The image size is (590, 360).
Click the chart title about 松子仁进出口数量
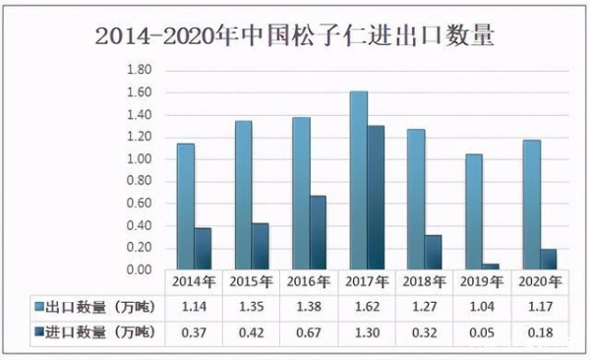point(295,37)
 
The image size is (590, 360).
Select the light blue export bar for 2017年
point(358,180)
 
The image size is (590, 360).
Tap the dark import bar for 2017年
point(376,198)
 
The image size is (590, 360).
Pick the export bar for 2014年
point(185,207)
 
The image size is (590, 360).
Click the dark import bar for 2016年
point(318,232)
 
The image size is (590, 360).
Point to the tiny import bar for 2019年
point(491,266)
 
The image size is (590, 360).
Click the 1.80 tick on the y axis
point(139,71)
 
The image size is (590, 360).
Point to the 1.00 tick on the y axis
point(139,159)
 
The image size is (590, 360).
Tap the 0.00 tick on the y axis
point(139,270)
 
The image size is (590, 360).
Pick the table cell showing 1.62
point(367,307)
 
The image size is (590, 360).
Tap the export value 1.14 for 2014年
point(193,307)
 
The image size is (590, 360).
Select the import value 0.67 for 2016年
point(309,332)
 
